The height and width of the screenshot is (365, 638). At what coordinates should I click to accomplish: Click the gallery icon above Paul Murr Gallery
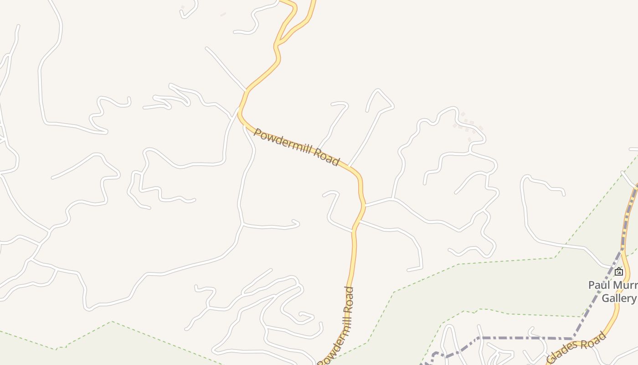[618, 272]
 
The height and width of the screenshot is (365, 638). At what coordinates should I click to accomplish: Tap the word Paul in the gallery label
[599, 285]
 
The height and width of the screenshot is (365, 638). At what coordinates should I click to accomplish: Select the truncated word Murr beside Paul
[624, 285]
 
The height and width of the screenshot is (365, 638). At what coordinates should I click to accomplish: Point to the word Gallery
[619, 298]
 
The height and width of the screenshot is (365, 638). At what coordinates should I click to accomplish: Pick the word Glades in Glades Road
[563, 353]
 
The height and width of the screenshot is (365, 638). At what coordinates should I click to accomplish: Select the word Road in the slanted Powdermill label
[326, 156]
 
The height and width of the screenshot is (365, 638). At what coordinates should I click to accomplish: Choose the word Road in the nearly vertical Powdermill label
[349, 300]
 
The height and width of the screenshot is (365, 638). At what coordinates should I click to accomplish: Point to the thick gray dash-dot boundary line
[524, 338]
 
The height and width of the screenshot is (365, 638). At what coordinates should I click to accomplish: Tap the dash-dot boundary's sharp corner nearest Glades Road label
[573, 339]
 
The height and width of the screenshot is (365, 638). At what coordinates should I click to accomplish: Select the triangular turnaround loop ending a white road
[378, 101]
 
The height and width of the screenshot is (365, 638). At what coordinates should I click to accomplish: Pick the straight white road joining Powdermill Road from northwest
[226, 68]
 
